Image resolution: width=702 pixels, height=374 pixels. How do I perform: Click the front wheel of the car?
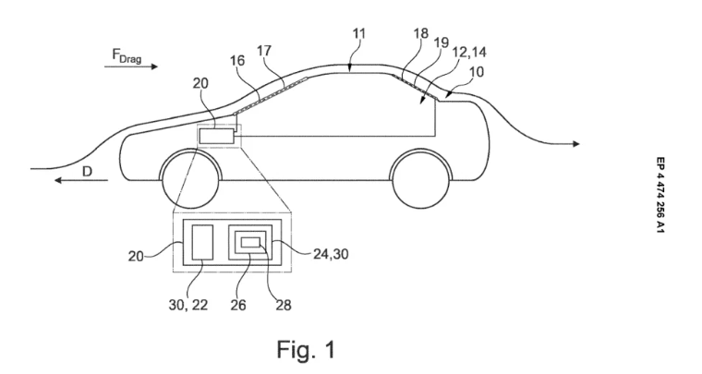tap(191, 177)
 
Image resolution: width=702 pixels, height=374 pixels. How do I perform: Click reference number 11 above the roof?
tap(359, 33)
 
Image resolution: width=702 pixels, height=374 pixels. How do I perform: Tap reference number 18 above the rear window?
tap(420, 35)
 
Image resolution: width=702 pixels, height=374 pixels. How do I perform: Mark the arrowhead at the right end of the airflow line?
tap(576, 143)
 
